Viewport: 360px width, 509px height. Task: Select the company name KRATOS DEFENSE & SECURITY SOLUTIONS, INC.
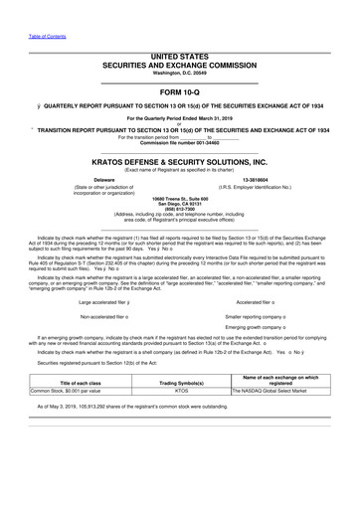[180, 160]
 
